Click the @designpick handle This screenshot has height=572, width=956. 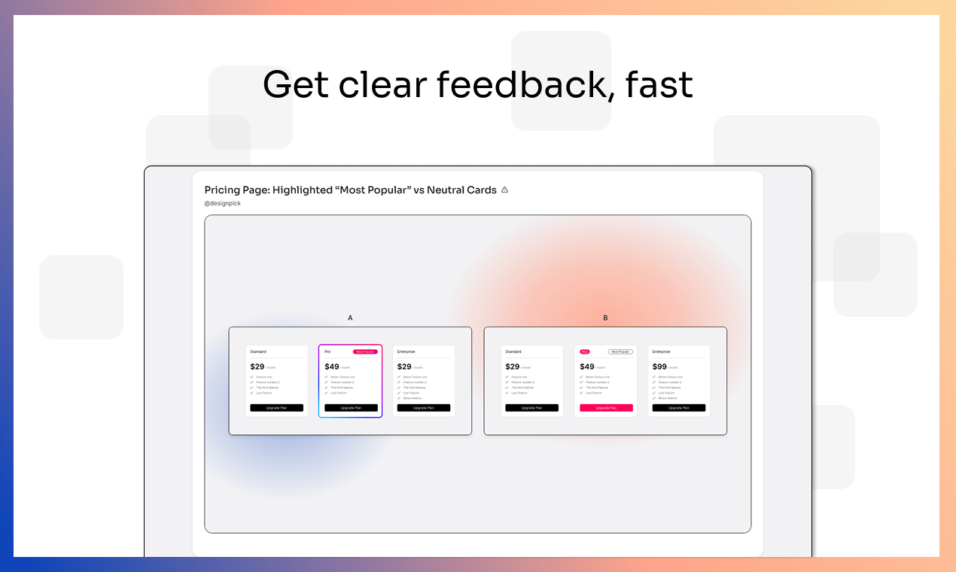223,203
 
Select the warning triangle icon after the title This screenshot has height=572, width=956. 504,190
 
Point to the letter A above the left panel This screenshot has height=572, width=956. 350,318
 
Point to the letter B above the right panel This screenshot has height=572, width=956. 605,318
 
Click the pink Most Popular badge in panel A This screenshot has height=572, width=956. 365,351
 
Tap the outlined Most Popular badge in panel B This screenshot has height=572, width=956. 620,351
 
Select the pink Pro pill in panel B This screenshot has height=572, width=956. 585,351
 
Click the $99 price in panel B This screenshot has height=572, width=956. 659,367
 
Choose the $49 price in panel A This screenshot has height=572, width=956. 332,367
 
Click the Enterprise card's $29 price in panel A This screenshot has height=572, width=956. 404,367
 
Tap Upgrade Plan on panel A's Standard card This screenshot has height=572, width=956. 277,408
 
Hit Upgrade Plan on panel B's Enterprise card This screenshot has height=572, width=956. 679,408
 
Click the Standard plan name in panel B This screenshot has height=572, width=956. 513,351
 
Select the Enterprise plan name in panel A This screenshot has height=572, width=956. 406,351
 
